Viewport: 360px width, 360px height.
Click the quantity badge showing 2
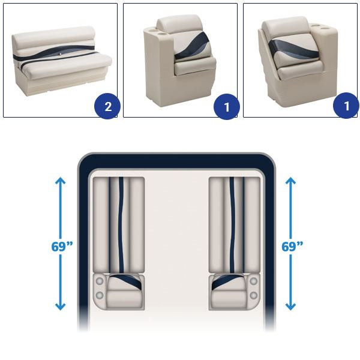click(107, 106)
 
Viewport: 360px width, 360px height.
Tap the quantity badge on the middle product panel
click(227, 106)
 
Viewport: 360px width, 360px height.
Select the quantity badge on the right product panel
click(346, 106)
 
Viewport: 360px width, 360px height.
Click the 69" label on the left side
click(62, 247)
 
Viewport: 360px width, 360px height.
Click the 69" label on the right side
click(292, 247)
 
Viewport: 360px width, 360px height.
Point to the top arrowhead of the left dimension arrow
click(61, 181)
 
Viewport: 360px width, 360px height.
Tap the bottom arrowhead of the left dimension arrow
click(61, 307)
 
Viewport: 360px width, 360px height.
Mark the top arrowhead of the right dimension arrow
click(290, 181)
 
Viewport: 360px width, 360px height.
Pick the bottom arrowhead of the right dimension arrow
click(290, 307)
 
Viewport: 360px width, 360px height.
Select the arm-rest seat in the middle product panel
click(179, 60)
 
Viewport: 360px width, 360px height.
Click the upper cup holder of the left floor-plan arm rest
click(100, 281)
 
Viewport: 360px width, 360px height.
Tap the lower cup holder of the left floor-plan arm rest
click(100, 295)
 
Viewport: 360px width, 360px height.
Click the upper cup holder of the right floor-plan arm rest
click(254, 281)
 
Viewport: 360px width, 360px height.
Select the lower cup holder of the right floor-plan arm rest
click(254, 295)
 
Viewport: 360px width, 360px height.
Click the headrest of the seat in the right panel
click(284, 26)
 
